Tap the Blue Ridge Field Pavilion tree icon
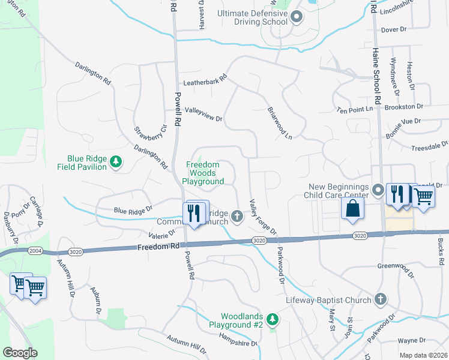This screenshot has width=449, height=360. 116,162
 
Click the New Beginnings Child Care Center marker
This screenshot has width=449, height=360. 378,190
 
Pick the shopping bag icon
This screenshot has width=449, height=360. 352,208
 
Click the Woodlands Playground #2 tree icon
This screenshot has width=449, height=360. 273,317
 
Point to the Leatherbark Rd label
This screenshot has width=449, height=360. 205,79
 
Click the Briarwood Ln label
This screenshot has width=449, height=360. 280,124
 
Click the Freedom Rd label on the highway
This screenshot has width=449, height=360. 157,247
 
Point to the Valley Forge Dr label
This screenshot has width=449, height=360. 262,217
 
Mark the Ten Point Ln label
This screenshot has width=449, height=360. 355,109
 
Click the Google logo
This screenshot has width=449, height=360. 20,353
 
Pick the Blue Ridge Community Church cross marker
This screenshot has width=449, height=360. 237,216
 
